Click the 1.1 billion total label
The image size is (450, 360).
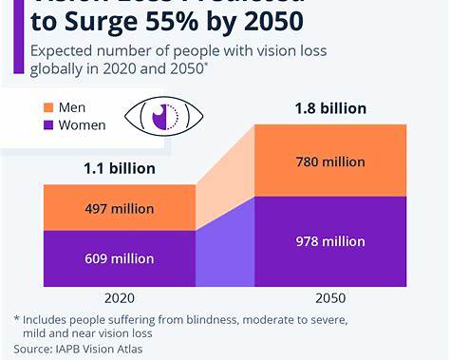coord(119,168)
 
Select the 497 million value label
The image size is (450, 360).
coord(119,208)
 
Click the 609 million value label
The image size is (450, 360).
coord(119,257)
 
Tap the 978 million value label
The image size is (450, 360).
coord(330,241)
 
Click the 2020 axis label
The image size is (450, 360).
coord(119,296)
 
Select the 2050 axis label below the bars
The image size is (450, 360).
coord(330,296)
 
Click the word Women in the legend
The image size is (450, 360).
coord(82,124)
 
